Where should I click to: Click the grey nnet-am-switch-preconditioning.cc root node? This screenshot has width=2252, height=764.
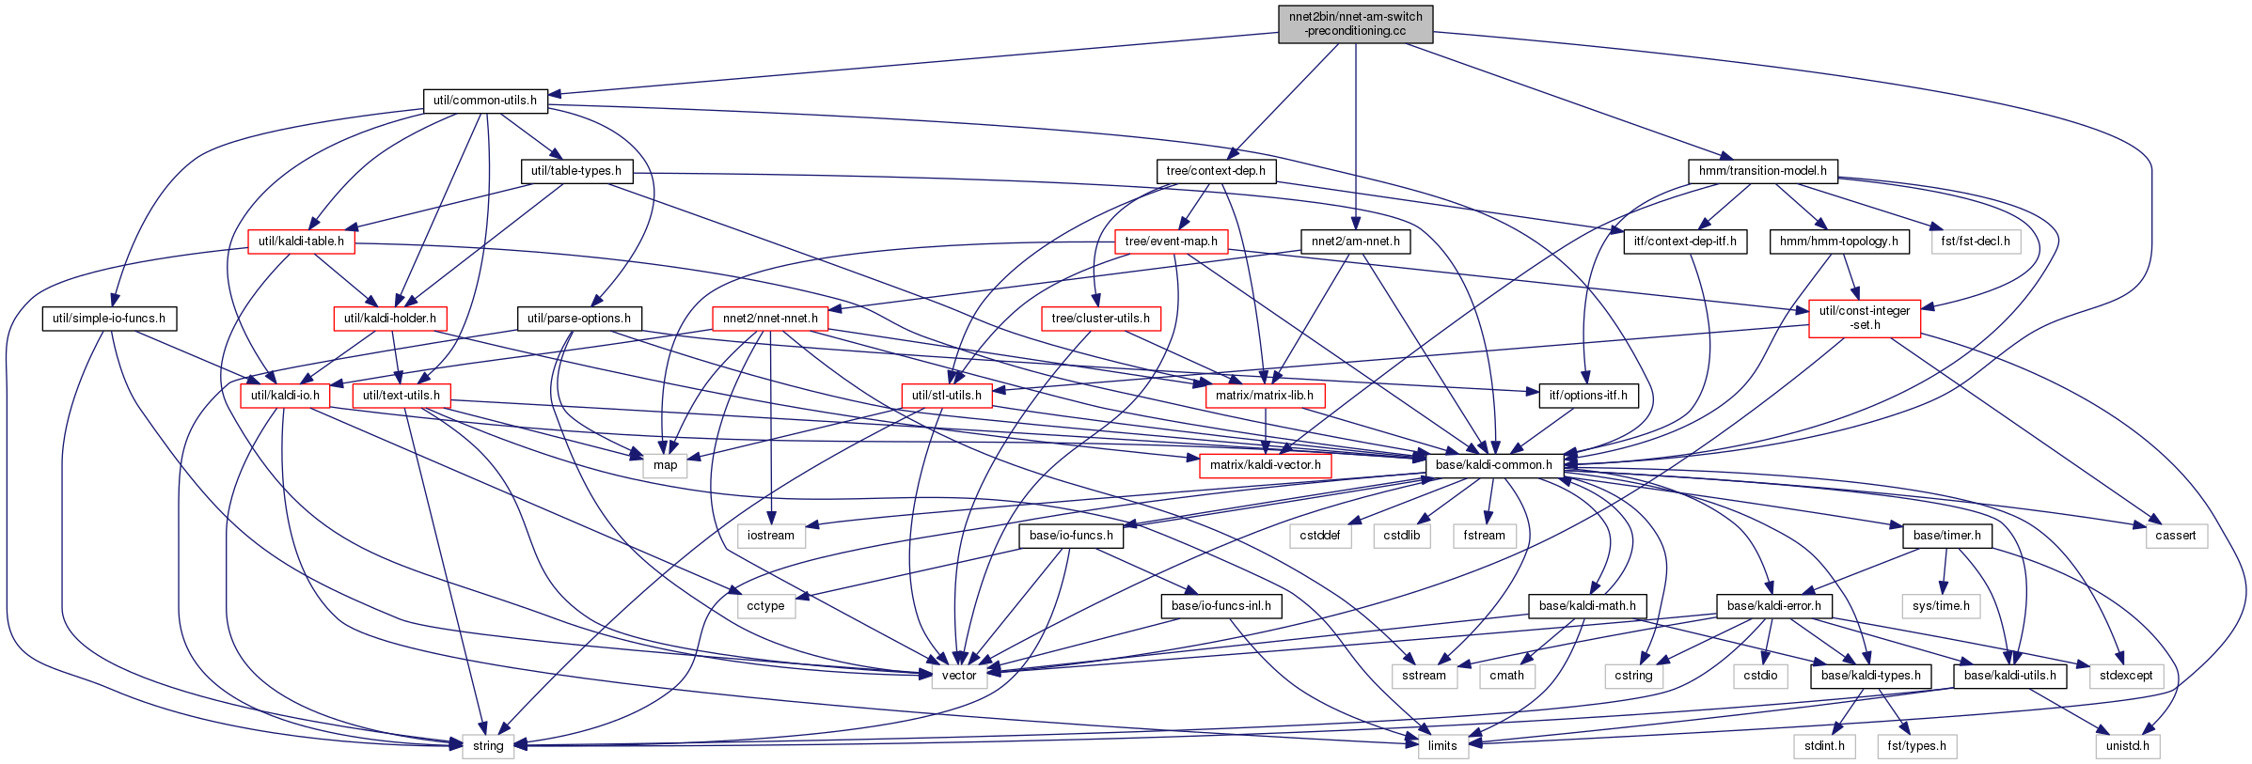coord(1355,23)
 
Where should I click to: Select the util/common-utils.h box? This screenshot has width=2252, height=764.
coord(485,101)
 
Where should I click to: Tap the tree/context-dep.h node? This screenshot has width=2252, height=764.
coord(1216,171)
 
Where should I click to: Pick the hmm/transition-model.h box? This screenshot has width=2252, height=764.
coord(1762,171)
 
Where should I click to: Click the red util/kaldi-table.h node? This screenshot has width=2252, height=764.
coord(301,242)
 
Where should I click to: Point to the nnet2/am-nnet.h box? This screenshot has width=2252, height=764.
coord(1355,242)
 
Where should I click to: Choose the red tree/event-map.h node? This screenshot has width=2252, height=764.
coord(1171,242)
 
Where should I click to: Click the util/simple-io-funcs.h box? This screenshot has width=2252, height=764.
coord(109,319)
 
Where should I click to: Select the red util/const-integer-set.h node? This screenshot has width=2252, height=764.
coord(1865,319)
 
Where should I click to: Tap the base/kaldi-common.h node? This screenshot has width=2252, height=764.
coord(1494,465)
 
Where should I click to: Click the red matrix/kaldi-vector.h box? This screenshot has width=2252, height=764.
coord(1266,465)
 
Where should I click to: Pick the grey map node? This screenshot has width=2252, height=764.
coord(666,465)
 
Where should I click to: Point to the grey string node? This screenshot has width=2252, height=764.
coord(488,746)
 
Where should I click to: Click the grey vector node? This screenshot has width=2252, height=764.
coord(959,676)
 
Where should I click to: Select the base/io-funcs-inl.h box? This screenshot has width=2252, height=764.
coord(1221,606)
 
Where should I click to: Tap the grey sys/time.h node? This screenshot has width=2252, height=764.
coord(1941,606)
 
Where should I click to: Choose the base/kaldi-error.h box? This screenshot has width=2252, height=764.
coord(1774,606)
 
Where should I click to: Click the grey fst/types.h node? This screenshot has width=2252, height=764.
coord(1916,746)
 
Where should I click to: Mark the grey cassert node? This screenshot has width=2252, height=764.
coord(2176,536)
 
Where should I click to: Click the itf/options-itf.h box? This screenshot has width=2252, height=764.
coord(1588,396)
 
